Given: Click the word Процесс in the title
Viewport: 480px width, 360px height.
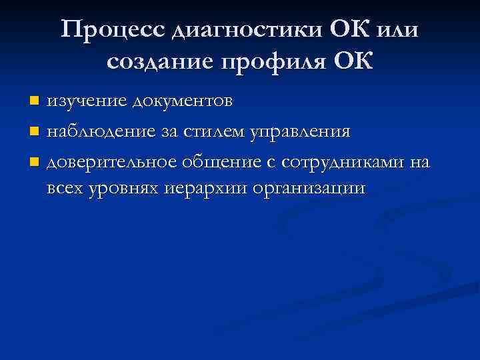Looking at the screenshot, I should [113, 30].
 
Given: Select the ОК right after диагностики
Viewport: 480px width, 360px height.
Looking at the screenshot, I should [349, 30].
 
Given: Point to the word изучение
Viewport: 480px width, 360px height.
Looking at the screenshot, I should [87, 101].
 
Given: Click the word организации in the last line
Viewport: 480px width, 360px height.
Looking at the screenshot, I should [309, 188].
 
